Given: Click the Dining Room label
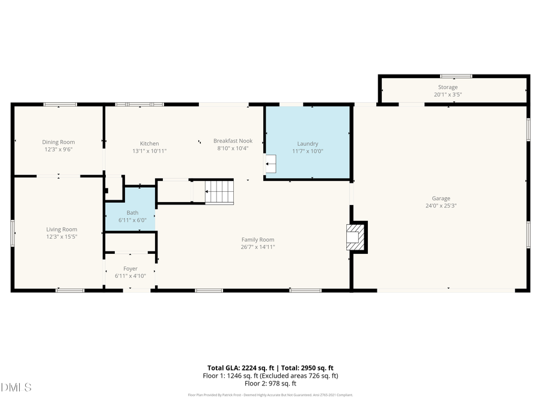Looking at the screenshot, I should (x=58, y=142).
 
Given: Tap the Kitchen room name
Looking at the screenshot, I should (x=149, y=143).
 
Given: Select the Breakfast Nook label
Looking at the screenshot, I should (x=233, y=141).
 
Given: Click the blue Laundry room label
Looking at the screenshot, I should (x=307, y=144).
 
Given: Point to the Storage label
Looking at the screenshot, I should (x=447, y=87).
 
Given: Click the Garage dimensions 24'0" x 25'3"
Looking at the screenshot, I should (x=440, y=206).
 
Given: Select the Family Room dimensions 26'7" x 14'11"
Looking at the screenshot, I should (x=258, y=247).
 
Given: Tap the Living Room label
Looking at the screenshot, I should (x=62, y=229).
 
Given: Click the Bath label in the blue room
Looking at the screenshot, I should (x=132, y=212).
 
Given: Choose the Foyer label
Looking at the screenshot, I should (x=130, y=268).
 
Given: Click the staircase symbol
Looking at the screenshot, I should (x=219, y=192).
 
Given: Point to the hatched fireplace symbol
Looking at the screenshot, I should (x=355, y=237).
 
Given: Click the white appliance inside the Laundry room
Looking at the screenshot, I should (x=271, y=164).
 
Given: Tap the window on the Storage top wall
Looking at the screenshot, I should (x=456, y=76).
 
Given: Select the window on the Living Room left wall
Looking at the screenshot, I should (x=13, y=233).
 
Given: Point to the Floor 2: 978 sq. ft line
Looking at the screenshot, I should (x=270, y=383).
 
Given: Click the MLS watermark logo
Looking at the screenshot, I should (x=17, y=387).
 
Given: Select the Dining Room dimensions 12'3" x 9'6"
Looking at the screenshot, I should (x=58, y=150).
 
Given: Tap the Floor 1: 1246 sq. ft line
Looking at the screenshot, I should (x=270, y=375).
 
